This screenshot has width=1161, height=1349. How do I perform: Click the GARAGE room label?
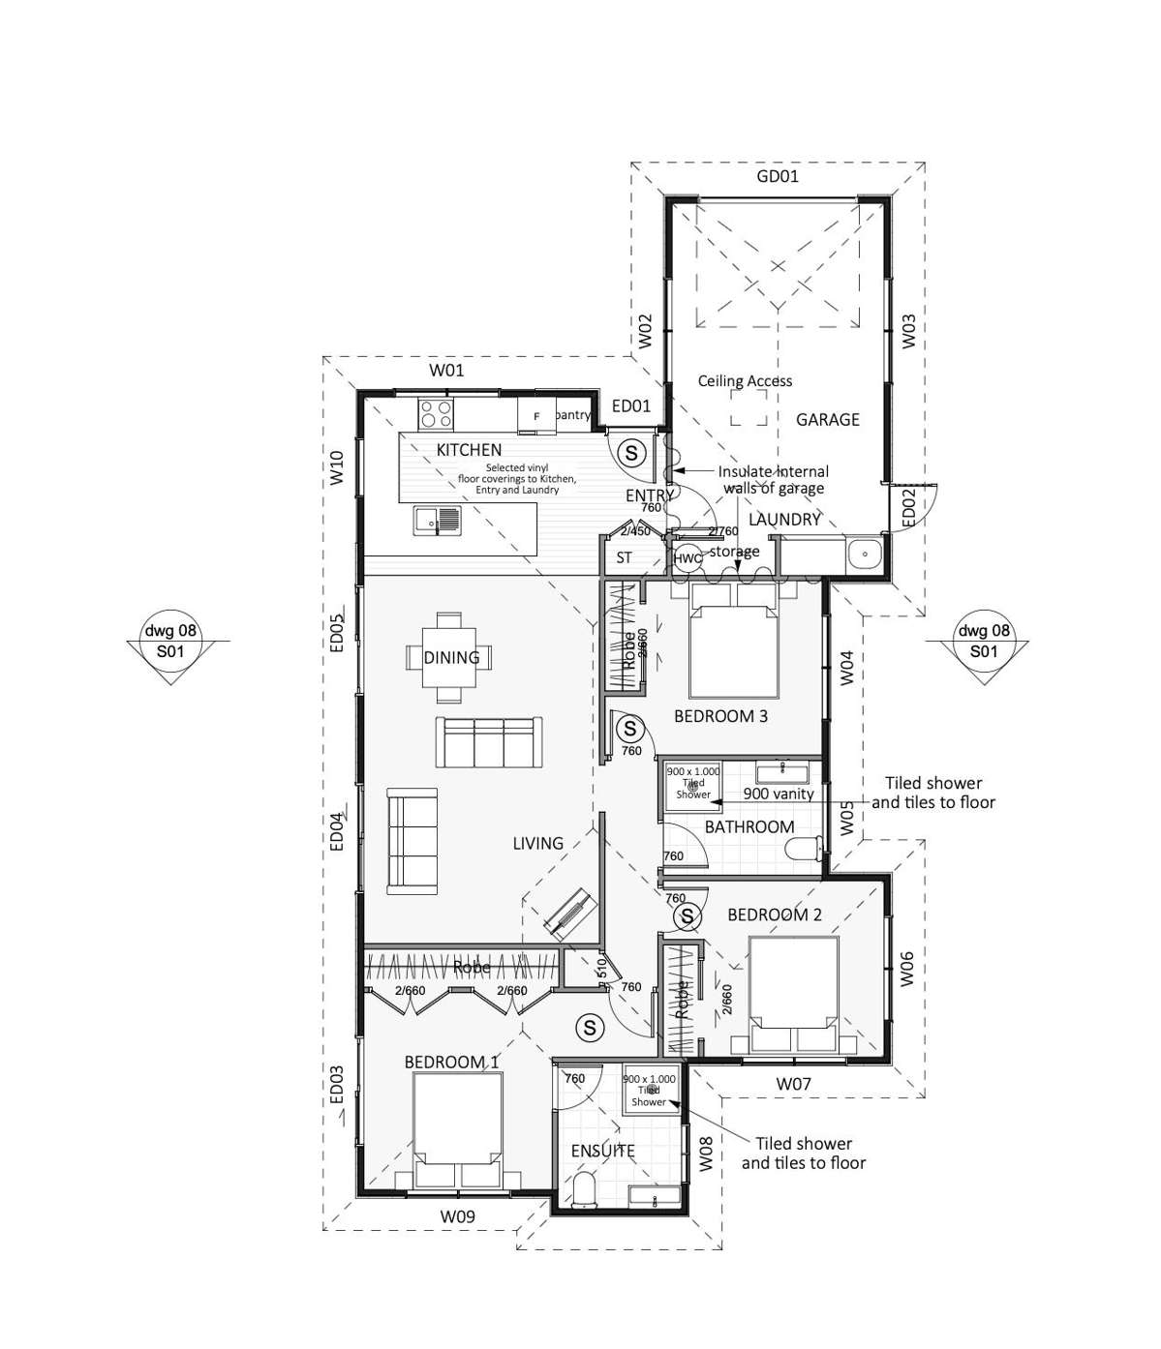coord(827,419)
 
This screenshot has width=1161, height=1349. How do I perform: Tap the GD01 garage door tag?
coord(777,176)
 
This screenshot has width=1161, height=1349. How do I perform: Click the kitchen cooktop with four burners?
coord(435,413)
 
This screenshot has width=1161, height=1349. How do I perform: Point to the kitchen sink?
coord(438,520)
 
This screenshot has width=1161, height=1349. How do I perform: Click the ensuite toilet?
coord(585,1189)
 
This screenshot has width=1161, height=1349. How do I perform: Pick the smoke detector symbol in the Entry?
coord(631,452)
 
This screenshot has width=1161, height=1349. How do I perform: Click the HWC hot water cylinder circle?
coord(687,558)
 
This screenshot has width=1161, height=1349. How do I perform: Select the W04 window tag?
coord(846,668)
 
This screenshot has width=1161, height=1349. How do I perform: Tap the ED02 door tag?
coord(907,508)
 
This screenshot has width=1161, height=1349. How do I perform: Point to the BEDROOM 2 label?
coord(774,914)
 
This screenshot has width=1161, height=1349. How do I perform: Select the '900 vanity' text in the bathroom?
coord(778,794)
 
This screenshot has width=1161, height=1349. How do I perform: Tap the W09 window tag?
coord(457,1216)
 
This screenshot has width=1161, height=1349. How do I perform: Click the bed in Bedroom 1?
coord(457,1129)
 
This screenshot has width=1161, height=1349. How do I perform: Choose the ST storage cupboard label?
coord(624,557)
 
